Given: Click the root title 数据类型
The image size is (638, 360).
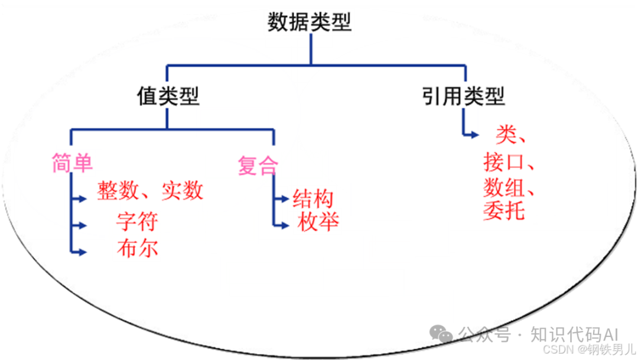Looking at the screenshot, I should point(310,23).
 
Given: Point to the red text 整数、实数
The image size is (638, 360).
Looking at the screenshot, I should point(150,191).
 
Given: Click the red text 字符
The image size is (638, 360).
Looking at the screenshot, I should point(137,222).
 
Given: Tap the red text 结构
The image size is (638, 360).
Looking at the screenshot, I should point(313,199).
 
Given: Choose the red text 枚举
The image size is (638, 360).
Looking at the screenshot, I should point(318,223).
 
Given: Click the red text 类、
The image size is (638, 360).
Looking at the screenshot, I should point(511,135).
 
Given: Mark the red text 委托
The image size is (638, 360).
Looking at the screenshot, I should point(503,210).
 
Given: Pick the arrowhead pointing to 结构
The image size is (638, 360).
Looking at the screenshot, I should point(285,199).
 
